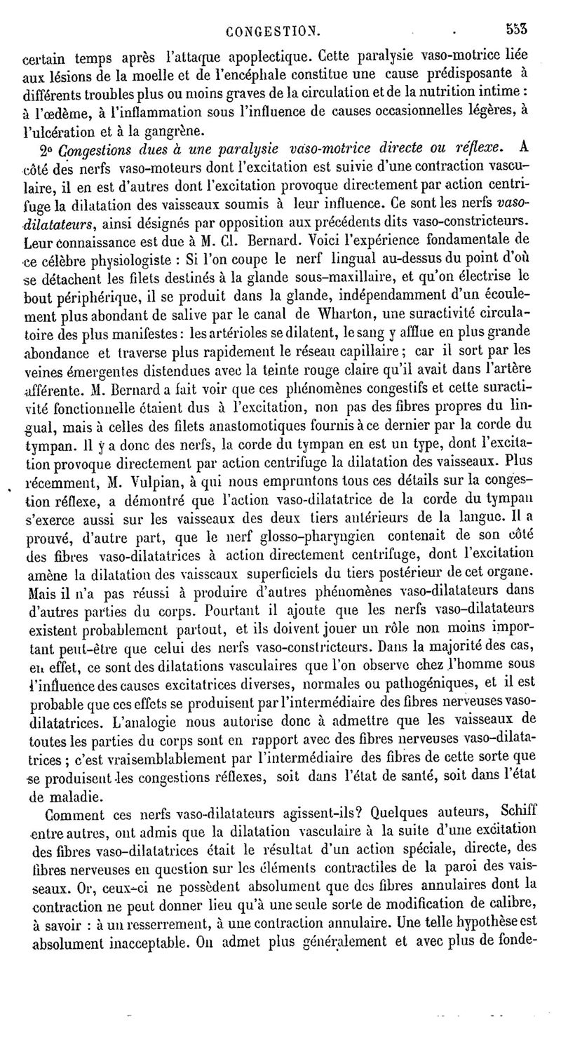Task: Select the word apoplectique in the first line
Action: (271, 55)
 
